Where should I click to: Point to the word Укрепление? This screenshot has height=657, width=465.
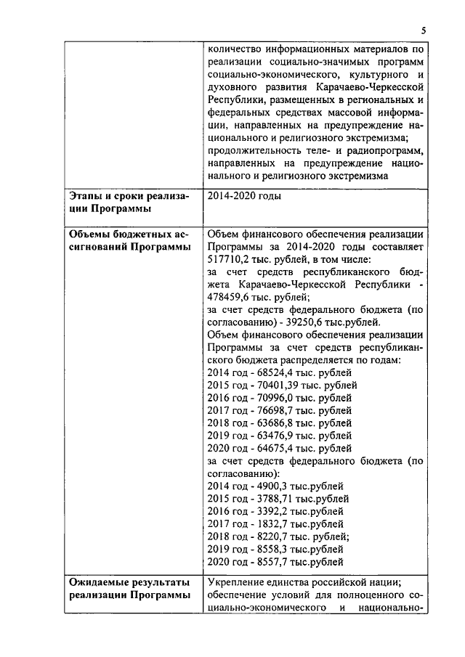point(240,581)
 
